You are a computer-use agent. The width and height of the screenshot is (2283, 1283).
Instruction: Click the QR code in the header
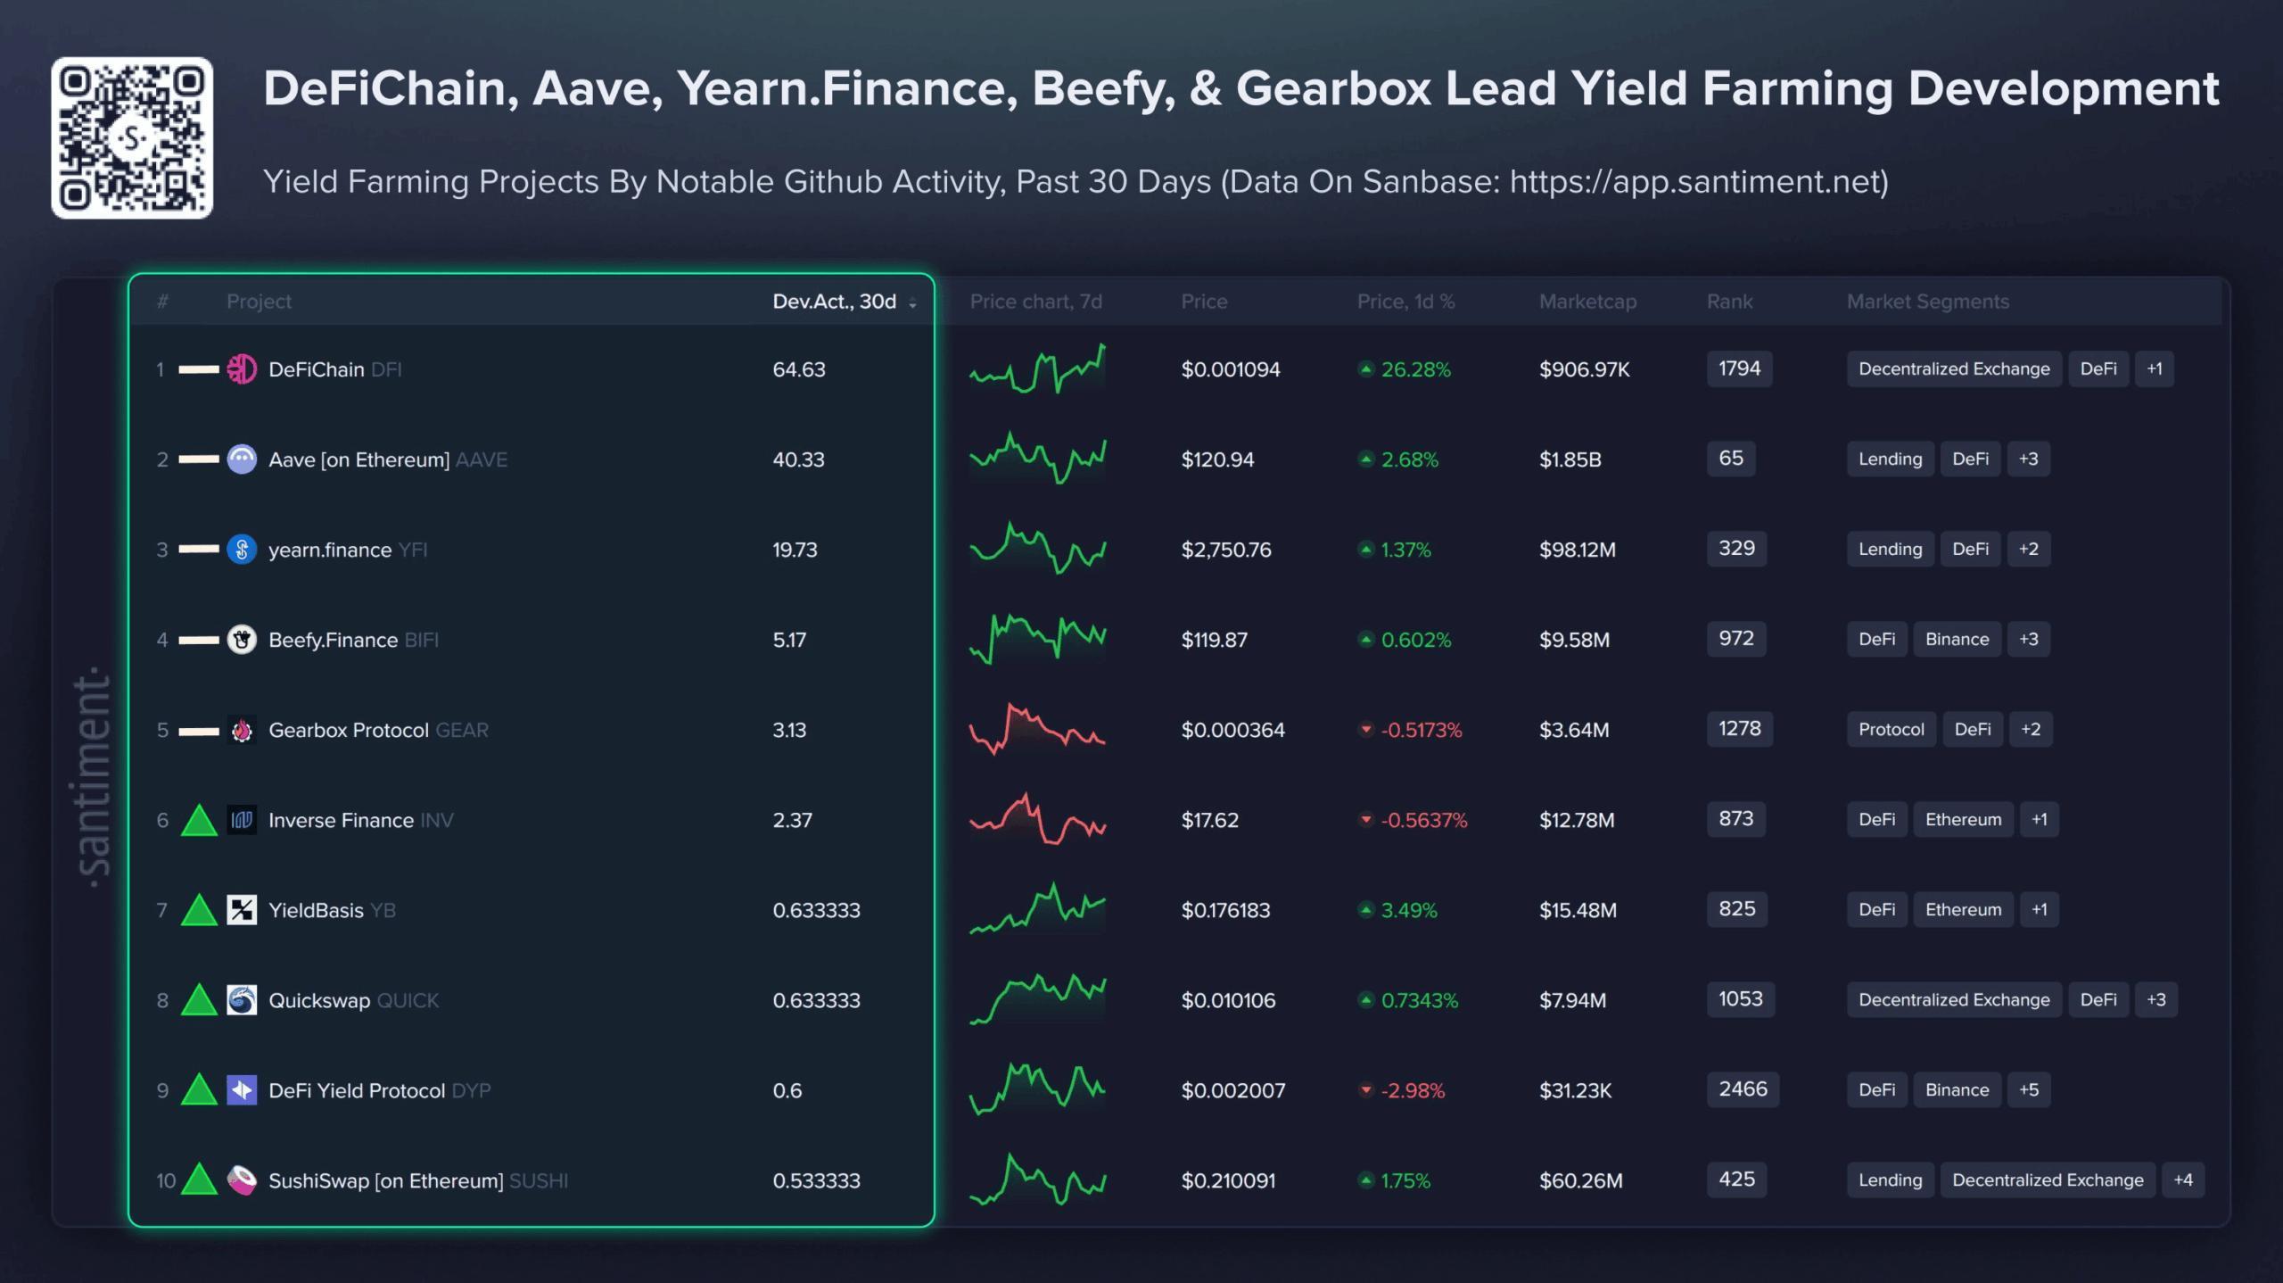click(x=132, y=137)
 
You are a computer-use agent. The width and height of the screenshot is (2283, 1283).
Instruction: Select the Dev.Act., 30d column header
click(x=835, y=302)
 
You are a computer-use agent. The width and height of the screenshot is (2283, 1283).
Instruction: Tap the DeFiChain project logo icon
click(x=242, y=369)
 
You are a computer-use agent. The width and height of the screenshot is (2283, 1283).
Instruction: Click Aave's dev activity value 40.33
click(x=798, y=459)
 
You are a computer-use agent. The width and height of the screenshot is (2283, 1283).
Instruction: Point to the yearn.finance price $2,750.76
click(x=1226, y=550)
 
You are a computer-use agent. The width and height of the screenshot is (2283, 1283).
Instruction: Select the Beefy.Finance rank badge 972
click(x=1735, y=639)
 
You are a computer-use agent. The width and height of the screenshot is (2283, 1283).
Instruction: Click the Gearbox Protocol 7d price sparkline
click(x=1037, y=729)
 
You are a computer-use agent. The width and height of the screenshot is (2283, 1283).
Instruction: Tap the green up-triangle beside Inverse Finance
click(x=199, y=821)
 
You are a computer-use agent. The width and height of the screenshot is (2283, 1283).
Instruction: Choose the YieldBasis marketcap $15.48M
click(x=1578, y=910)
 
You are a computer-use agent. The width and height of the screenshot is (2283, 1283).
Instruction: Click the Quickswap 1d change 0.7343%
click(x=1419, y=1000)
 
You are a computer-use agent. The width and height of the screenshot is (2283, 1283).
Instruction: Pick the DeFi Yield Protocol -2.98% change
click(x=1413, y=1090)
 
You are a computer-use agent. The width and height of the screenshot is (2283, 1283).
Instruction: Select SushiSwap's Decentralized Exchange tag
click(x=2048, y=1180)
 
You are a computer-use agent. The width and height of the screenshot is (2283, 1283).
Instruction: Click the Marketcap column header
click(x=1587, y=302)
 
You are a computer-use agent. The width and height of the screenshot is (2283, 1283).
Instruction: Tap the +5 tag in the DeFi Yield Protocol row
click(x=2029, y=1089)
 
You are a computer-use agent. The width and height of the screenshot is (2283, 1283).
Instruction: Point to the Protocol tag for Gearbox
click(x=1891, y=729)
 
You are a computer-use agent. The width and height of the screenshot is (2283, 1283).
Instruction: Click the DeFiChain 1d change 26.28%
click(x=1415, y=369)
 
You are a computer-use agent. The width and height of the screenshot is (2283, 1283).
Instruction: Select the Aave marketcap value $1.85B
click(x=1570, y=459)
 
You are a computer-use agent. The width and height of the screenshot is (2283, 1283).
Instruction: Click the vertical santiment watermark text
click(x=93, y=776)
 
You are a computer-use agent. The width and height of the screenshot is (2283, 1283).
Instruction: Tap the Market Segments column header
click(x=1927, y=302)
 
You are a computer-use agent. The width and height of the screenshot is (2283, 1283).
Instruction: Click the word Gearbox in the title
click(x=1333, y=89)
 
